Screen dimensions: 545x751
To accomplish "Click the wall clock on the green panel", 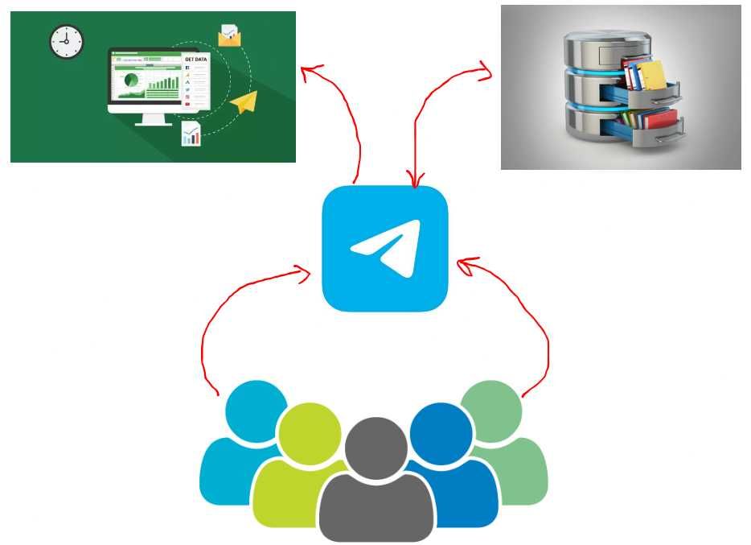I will click(67, 42).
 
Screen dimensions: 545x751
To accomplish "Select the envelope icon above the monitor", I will click(230, 35).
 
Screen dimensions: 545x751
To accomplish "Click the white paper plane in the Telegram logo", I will click(384, 247).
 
